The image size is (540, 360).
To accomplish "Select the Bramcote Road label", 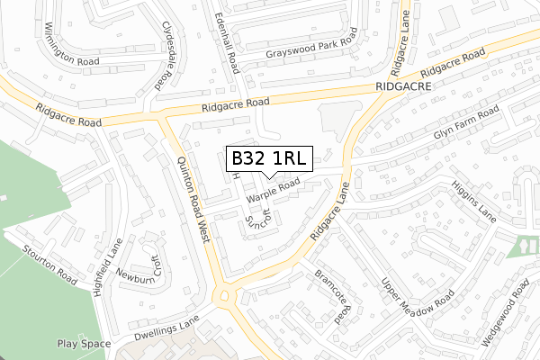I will [x=331, y=296].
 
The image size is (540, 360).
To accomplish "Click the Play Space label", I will [x=84, y=344].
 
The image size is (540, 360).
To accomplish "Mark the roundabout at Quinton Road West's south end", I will [x=224, y=295].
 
